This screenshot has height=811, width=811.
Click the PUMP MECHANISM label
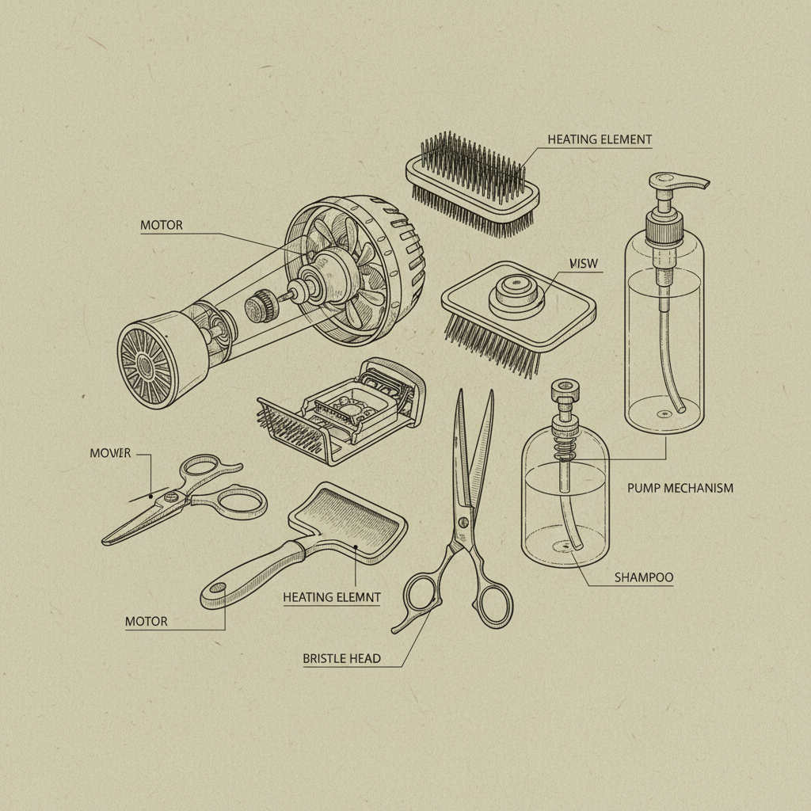pyautogui.click(x=680, y=488)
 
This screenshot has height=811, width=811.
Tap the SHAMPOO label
pyautogui.click(x=643, y=577)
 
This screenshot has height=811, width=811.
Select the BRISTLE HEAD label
pyautogui.click(x=341, y=658)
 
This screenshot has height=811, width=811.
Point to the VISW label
pyautogui.click(x=584, y=264)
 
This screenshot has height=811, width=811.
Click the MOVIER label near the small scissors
pyautogui.click(x=109, y=454)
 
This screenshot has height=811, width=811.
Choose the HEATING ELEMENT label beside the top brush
pyautogui.click(x=600, y=139)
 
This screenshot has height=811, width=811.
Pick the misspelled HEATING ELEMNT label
pyautogui.click(x=331, y=597)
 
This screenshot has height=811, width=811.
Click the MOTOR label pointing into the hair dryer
pyautogui.click(x=161, y=225)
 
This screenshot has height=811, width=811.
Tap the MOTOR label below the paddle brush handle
pyautogui.click(x=146, y=621)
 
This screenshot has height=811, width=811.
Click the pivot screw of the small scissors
pyautogui.click(x=171, y=497)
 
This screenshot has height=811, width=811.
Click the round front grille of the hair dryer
pyautogui.click(x=147, y=364)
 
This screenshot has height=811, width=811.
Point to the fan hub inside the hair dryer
pyautogui.click(x=326, y=269)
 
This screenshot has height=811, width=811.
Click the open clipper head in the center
pyautogui.click(x=348, y=408)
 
